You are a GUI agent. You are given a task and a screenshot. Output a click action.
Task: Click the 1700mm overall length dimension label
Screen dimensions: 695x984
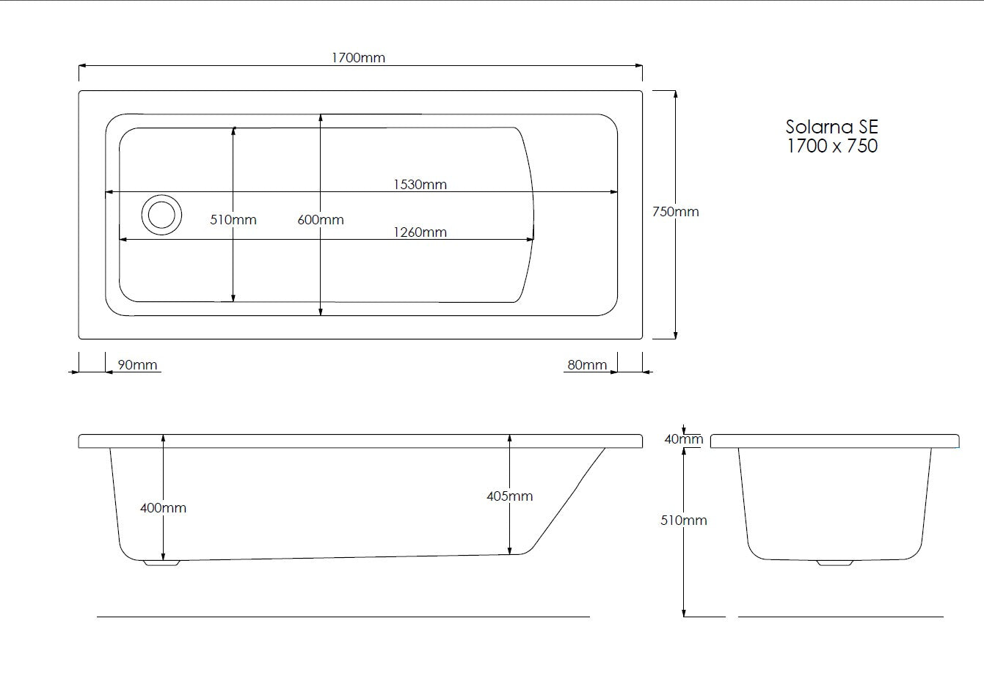[358, 58]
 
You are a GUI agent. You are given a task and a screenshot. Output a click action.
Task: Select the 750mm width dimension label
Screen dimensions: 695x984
[675, 212]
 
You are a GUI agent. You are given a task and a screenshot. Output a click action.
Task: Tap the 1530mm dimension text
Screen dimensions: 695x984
[420, 185]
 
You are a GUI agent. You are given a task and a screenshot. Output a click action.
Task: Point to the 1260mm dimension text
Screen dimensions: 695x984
[420, 232]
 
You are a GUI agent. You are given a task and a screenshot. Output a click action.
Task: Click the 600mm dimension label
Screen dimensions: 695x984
[321, 220]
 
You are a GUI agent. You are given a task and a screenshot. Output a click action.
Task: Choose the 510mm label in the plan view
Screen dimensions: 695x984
[233, 220]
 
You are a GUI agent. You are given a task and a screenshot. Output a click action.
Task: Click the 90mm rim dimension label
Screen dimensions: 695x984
[137, 365]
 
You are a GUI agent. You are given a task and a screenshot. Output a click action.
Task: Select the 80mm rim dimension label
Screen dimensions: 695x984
[587, 365]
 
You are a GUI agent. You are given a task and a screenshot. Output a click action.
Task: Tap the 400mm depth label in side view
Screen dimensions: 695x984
[163, 508]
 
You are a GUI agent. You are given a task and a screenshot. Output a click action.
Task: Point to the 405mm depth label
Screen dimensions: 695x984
[509, 496]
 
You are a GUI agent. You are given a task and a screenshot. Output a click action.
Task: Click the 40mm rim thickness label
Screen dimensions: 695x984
[683, 439]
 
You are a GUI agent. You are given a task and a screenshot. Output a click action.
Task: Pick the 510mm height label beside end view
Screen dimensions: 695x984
[683, 521]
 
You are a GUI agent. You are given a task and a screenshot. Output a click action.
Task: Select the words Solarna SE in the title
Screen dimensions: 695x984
[831, 127]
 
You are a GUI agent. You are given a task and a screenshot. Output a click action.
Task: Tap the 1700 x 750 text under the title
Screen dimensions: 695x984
[831, 146]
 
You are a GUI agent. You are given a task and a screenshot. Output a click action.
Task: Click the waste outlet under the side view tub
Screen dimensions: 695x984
[161, 563]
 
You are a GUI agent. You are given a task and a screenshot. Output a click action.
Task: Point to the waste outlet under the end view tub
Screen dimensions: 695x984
[835, 563]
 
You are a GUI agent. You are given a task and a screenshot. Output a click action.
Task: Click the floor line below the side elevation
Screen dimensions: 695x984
[343, 617]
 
